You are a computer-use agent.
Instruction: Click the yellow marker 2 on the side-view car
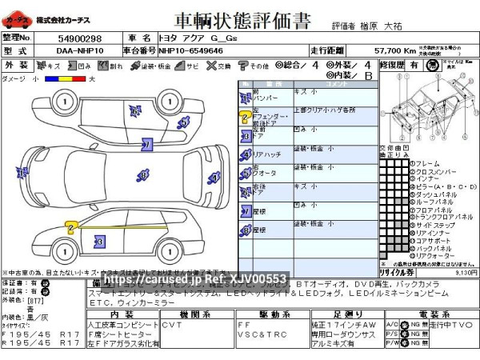click(x=71, y=228)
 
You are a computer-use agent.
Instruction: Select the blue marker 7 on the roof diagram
click(x=147, y=144)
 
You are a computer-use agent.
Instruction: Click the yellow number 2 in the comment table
click(x=244, y=117)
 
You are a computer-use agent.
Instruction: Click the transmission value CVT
click(x=171, y=325)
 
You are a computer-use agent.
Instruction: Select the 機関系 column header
click(x=195, y=315)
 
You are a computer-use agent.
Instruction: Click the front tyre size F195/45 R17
click(x=40, y=334)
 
